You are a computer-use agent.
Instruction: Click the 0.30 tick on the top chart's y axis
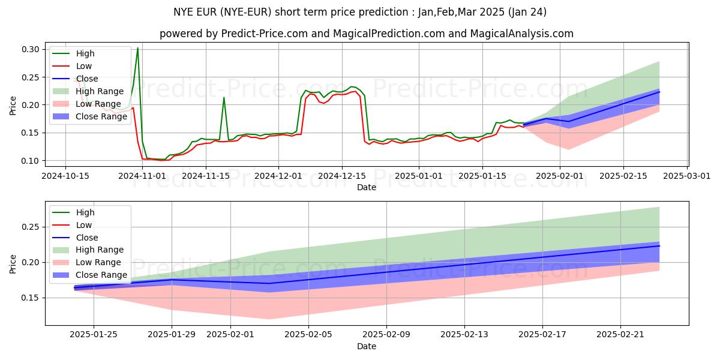click(x=31, y=49)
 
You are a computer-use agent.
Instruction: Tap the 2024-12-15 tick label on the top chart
click(x=342, y=176)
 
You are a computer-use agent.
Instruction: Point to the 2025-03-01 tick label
click(x=687, y=176)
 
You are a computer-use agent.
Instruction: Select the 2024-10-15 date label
click(x=65, y=176)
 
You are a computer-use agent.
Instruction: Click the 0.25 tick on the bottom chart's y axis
click(x=31, y=227)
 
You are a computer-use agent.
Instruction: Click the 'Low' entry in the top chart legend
click(x=84, y=66)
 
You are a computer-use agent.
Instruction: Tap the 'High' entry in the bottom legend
click(x=85, y=212)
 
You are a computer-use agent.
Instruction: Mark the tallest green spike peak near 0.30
click(x=138, y=48)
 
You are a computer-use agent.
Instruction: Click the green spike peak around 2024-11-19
click(x=224, y=97)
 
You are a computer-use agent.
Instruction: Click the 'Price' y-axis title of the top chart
click(x=13, y=105)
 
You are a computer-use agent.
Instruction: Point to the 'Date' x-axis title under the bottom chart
click(x=367, y=346)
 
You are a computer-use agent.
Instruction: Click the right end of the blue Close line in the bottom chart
click(x=659, y=246)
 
